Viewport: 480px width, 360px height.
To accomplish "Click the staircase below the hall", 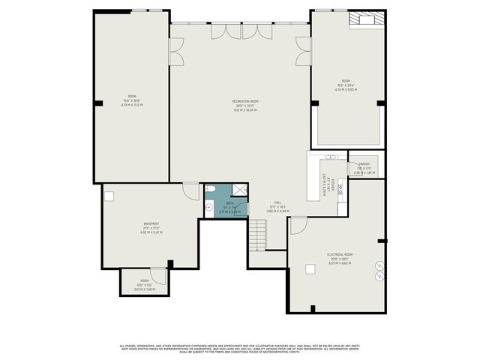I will (x=258, y=235).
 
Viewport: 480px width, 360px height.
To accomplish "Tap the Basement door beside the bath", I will (x=191, y=190).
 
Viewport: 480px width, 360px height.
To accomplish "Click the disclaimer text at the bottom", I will (x=240, y=349).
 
